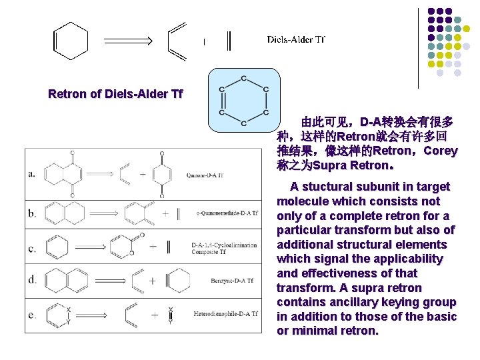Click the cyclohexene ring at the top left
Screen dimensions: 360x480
[70, 40]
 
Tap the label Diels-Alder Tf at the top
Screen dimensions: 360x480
[295, 39]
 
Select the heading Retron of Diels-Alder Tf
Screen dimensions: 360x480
[115, 94]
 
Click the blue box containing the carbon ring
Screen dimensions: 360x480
[242, 100]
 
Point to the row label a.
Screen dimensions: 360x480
[32, 175]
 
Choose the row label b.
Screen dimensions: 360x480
[32, 213]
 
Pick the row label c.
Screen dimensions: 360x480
[32, 248]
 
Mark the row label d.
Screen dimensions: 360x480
[32, 281]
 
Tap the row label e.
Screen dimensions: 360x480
[32, 313]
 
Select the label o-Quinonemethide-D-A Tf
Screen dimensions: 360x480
[227, 213]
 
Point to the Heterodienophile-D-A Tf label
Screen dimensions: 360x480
[225, 313]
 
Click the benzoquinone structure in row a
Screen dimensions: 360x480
[162, 175]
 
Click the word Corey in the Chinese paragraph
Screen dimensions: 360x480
[441, 151]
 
